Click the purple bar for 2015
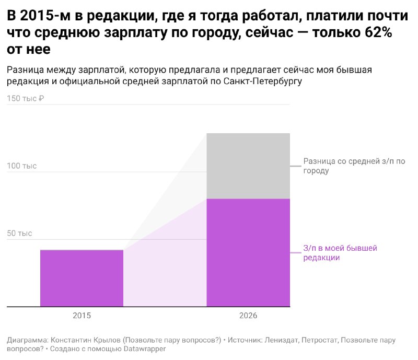coord(82,278)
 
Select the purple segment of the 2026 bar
coord(248,252)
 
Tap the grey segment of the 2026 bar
coord(248,166)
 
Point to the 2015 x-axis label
coord(82,316)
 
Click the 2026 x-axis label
coord(248,316)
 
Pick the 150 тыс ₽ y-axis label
coord(25,98)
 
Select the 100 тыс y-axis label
coord(21,166)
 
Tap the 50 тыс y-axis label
coord(19,234)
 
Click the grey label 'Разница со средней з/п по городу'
coord(354,166)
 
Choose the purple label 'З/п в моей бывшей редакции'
coord(340,253)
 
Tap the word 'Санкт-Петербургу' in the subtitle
coord(263,81)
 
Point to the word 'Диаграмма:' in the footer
coord(28,340)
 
